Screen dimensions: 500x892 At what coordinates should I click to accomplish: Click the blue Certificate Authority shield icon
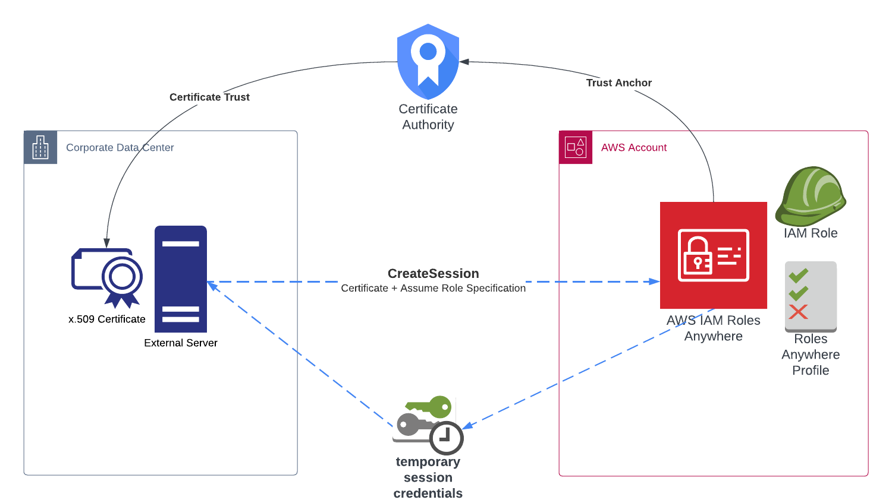pos(428,61)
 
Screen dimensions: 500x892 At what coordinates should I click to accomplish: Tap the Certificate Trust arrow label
pos(209,97)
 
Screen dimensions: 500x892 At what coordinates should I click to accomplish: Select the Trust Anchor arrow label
pos(618,83)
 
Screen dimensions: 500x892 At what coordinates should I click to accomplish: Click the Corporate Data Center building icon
pos(40,147)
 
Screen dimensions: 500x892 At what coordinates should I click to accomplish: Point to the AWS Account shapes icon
pos(576,147)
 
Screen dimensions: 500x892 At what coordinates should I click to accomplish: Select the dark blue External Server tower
pos(181,279)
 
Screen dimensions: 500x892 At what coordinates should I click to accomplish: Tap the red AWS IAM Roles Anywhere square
pos(713,255)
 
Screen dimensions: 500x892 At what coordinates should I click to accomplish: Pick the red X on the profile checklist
pos(798,312)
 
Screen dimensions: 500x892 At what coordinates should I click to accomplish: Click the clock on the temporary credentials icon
pos(446,438)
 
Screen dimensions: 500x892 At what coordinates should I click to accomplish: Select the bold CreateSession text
pos(433,273)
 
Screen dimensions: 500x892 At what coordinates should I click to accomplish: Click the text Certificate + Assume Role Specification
pos(433,288)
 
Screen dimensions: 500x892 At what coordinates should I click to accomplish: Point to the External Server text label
pos(181,343)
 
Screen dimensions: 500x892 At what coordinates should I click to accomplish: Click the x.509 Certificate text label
pos(107,319)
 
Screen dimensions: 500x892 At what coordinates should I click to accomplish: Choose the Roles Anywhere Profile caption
pos(811,355)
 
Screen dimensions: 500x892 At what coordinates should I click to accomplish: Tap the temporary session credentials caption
pos(428,477)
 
